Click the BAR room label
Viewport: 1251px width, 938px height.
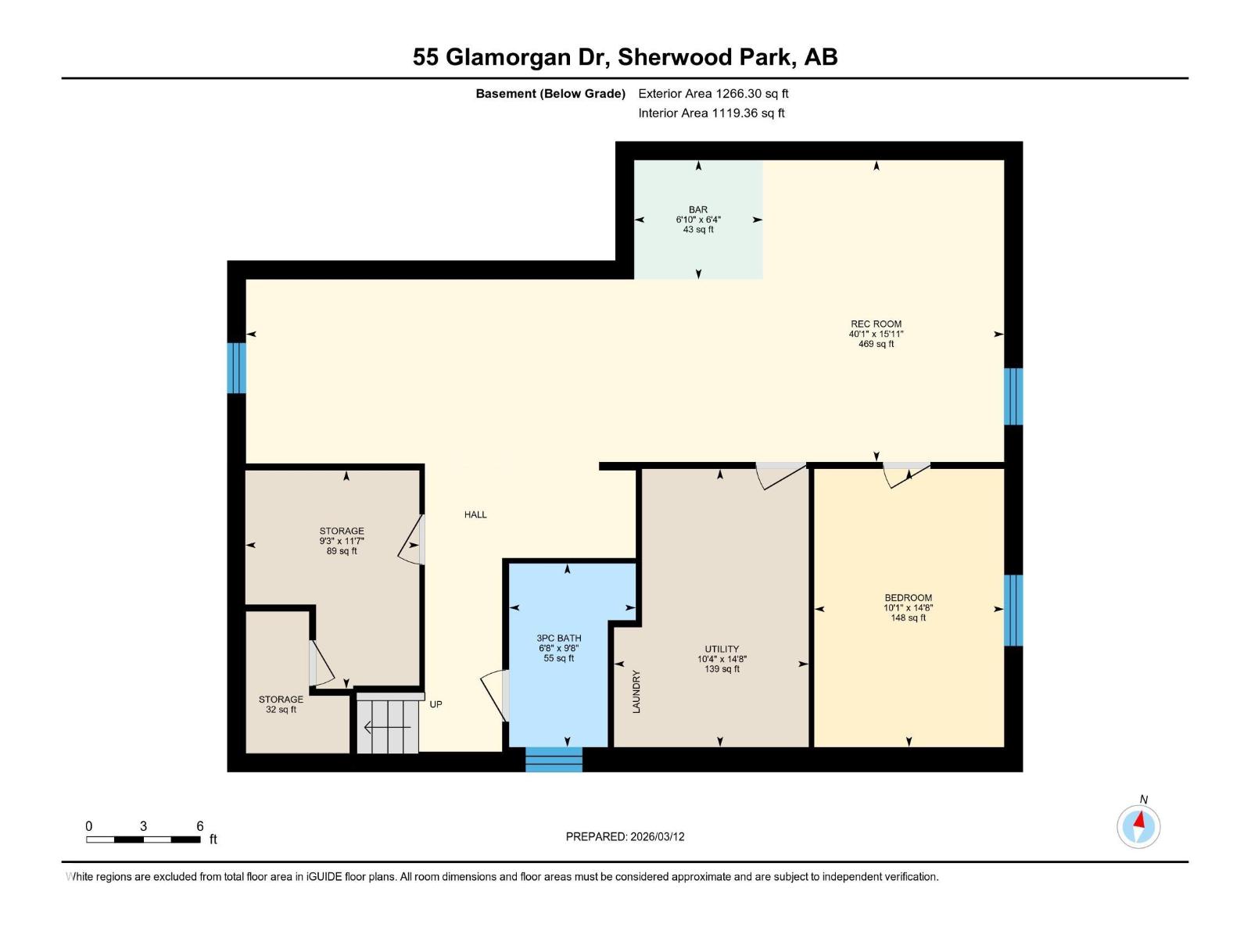[x=697, y=209]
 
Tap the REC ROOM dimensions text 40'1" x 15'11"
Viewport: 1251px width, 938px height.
[x=876, y=334]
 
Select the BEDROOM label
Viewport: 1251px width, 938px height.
[x=908, y=598]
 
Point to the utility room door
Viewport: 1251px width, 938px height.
[x=780, y=474]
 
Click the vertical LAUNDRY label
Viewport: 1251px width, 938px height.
[x=636, y=692]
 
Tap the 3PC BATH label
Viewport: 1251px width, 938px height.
[x=558, y=638]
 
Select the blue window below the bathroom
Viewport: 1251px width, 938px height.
[x=554, y=759]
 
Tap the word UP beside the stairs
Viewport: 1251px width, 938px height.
[x=436, y=704]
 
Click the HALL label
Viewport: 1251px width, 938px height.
[x=475, y=514]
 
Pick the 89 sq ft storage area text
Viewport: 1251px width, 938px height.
[x=342, y=551]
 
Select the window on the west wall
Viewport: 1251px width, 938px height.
[x=236, y=367]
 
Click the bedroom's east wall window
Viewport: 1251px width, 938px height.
[x=1013, y=610]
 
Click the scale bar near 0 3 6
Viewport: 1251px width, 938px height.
[x=143, y=840]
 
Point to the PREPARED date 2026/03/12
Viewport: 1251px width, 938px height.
[x=625, y=836]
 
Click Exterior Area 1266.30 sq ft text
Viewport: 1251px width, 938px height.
[x=712, y=94]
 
